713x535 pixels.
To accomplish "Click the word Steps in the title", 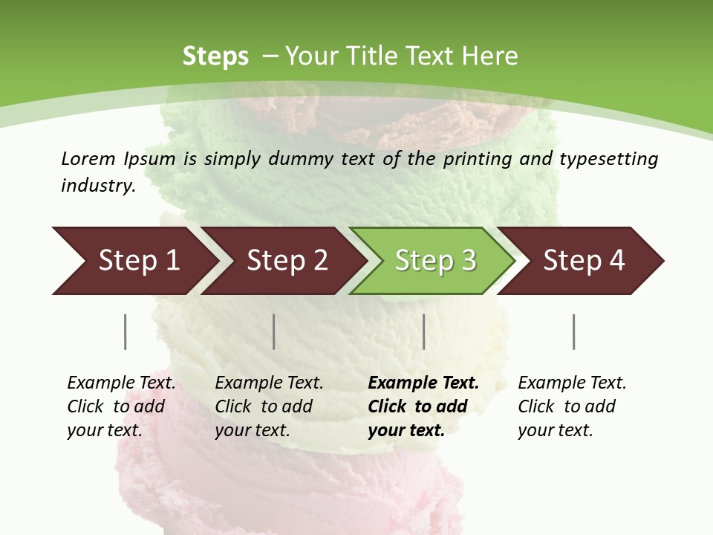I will click(215, 56).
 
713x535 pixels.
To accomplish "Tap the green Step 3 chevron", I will click(434, 261).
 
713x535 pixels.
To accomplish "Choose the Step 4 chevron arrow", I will click(583, 261).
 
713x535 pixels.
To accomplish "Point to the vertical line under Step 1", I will click(125, 331).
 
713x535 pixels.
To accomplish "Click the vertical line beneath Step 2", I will click(274, 331).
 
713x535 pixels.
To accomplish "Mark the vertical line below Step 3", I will click(423, 331).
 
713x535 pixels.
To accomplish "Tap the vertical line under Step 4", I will click(574, 331).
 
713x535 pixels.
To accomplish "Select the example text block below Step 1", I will click(121, 406).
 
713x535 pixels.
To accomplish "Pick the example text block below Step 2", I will click(269, 406).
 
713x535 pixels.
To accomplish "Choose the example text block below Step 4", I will click(572, 406).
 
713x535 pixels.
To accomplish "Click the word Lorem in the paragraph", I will click(88, 159).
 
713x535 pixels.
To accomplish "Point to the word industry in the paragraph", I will click(97, 186).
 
